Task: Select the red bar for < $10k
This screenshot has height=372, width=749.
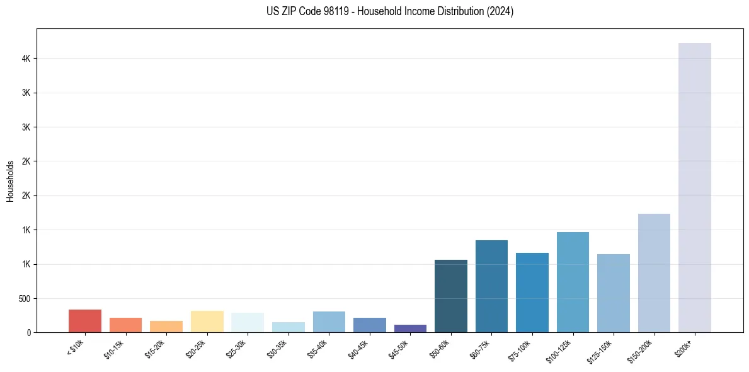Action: coord(85,321)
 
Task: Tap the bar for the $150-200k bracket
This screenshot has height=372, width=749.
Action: coord(654,273)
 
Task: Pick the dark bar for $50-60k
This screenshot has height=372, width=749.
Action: coord(451,296)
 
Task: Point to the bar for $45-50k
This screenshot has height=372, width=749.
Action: coord(410,328)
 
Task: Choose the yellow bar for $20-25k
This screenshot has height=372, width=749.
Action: coord(207,322)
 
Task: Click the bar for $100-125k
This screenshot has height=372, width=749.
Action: coord(573,282)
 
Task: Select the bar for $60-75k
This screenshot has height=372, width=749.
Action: coord(491,286)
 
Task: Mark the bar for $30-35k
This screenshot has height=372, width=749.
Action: coord(288,327)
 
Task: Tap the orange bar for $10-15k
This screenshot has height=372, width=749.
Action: coord(125,325)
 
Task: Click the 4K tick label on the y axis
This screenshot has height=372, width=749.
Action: coord(25,59)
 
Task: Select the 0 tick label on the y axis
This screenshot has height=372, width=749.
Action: coord(28,332)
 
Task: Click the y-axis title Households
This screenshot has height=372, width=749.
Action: coord(10,181)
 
